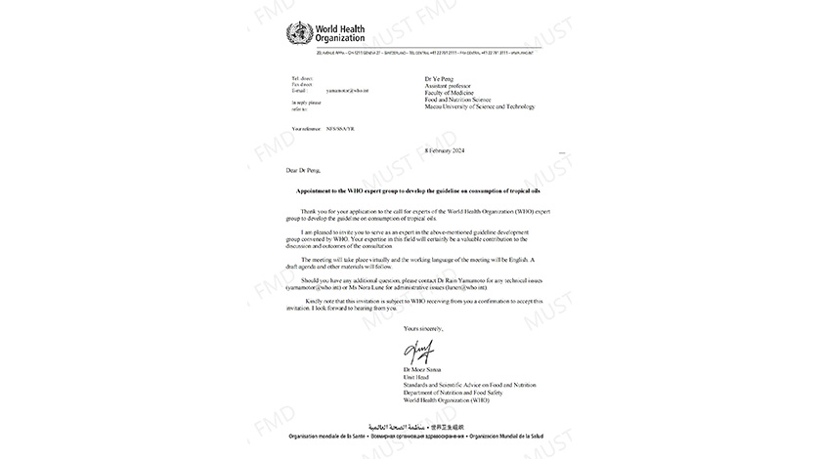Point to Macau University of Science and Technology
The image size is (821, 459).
click(x=480, y=106)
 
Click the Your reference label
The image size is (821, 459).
click(x=307, y=128)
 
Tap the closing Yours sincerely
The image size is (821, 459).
click(x=423, y=329)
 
